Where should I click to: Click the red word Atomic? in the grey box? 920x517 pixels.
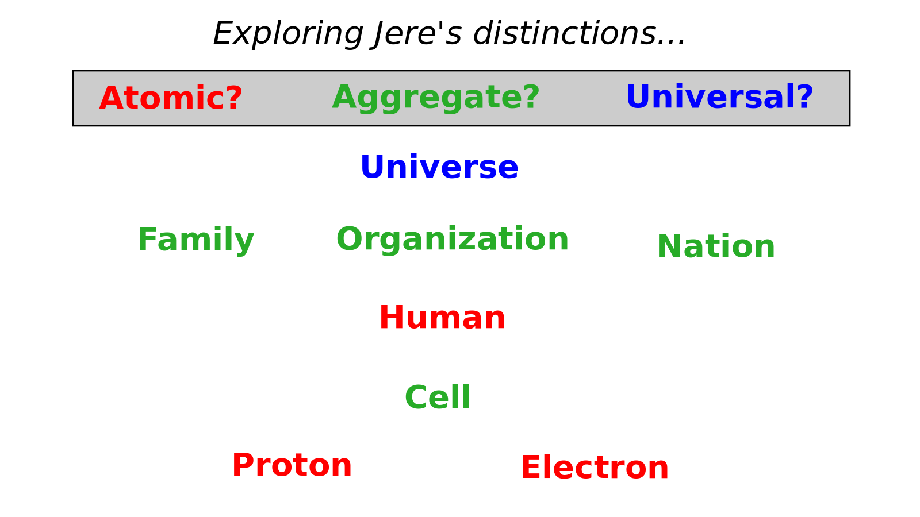click(x=171, y=98)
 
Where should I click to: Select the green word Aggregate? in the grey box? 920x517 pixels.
click(x=436, y=98)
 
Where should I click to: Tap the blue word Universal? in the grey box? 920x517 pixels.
click(x=719, y=97)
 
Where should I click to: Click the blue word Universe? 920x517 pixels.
click(x=439, y=167)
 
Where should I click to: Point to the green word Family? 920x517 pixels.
click(x=196, y=240)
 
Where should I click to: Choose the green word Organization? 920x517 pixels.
click(x=452, y=240)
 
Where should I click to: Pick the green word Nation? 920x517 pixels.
click(x=716, y=246)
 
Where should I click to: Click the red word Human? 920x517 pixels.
click(x=442, y=317)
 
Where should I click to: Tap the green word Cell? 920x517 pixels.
click(x=438, y=397)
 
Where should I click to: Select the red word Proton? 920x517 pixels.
click(x=292, y=465)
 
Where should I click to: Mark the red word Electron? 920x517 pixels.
click(x=595, y=467)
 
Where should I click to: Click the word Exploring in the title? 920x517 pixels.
click(x=287, y=34)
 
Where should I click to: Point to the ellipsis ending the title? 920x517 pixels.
click(x=670, y=41)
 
